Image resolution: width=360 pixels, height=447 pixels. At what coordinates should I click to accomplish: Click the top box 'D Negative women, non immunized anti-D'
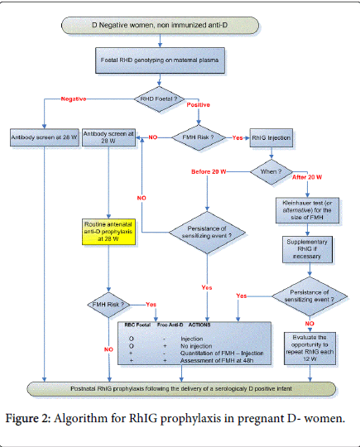tap(180, 27)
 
